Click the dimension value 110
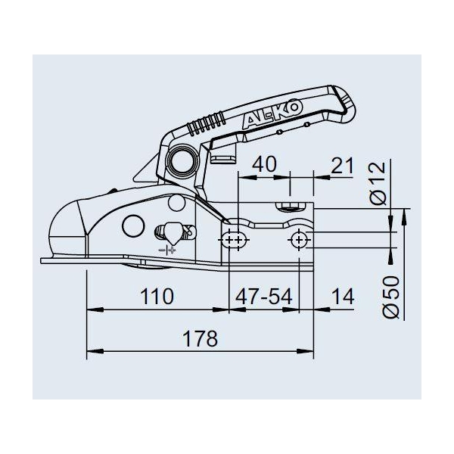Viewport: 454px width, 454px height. click(x=157, y=296)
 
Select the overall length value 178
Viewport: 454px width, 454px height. click(x=200, y=338)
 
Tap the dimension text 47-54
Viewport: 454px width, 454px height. click(x=264, y=297)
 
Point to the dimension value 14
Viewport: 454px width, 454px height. click(x=343, y=297)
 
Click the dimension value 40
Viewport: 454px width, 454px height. click(x=264, y=164)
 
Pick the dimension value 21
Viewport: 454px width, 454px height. click(x=342, y=165)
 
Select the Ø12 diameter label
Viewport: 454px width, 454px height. click(x=378, y=183)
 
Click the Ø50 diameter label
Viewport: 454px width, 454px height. click(x=391, y=297)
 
